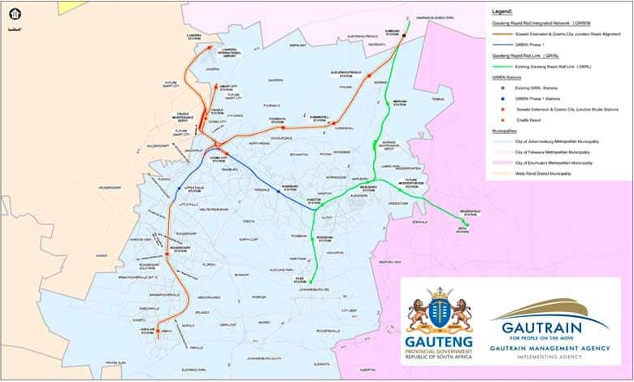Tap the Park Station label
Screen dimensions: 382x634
[299, 280]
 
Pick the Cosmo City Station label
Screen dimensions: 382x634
[218, 160]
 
